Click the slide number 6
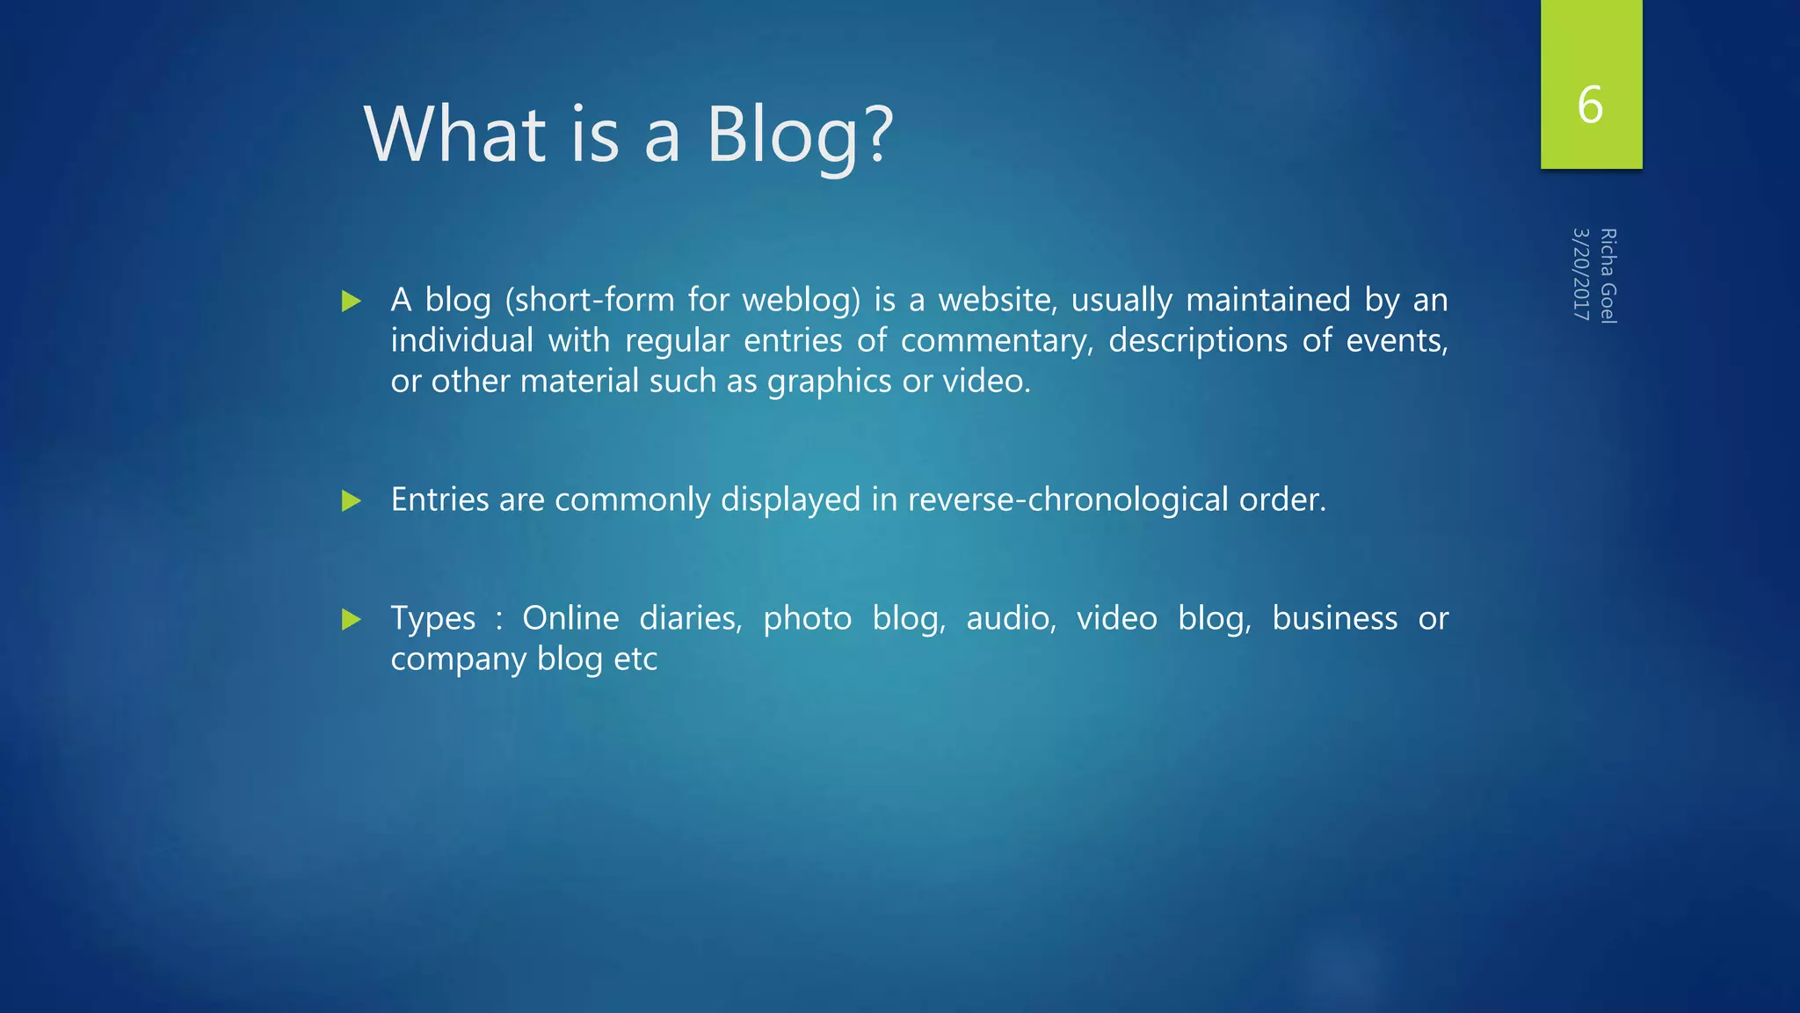(x=1590, y=105)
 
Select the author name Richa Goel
(x=1608, y=276)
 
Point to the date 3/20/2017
(x=1581, y=273)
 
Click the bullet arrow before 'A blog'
(x=352, y=302)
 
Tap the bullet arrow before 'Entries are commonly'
(x=352, y=501)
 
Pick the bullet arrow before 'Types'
(x=352, y=620)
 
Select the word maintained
(x=1267, y=300)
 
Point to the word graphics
(x=829, y=382)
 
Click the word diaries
(x=690, y=619)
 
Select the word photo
(x=807, y=619)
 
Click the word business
(x=1334, y=619)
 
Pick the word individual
(x=461, y=341)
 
